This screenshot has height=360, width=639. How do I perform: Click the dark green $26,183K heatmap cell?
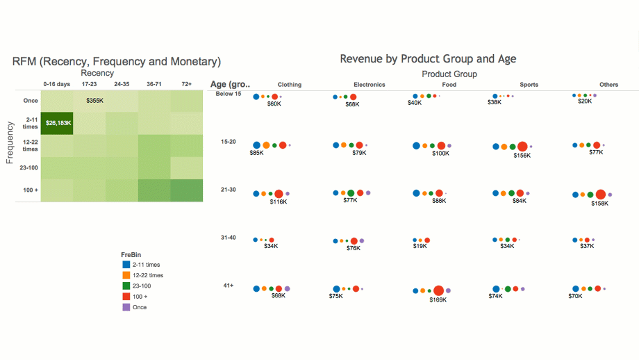pos(58,123)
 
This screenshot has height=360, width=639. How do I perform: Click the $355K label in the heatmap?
pos(94,101)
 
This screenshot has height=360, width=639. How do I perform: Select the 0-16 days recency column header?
pos(56,84)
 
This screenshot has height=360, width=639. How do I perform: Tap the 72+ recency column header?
pos(187,84)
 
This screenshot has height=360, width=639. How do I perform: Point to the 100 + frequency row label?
pos(30,190)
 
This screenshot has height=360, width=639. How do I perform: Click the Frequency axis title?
pos(10,142)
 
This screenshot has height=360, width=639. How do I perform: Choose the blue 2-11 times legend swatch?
pos(125,265)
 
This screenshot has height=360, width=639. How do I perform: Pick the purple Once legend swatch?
pos(125,306)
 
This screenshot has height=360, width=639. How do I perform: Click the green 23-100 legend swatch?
pos(125,286)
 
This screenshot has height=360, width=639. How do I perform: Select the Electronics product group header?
pos(369,85)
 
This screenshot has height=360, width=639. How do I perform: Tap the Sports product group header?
pos(529,85)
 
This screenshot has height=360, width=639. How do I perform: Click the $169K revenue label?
pos(438,300)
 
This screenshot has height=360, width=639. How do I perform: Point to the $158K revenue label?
pos(599,204)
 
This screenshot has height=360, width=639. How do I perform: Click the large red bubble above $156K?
pos(522,146)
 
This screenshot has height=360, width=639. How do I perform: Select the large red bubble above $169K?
pos(438,291)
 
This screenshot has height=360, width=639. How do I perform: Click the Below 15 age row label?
pos(229,94)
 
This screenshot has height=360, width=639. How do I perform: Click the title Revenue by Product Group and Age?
pos(428,59)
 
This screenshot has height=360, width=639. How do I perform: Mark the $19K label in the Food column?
pos(420,246)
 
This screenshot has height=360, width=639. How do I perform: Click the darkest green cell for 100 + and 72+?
pos(187,190)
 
